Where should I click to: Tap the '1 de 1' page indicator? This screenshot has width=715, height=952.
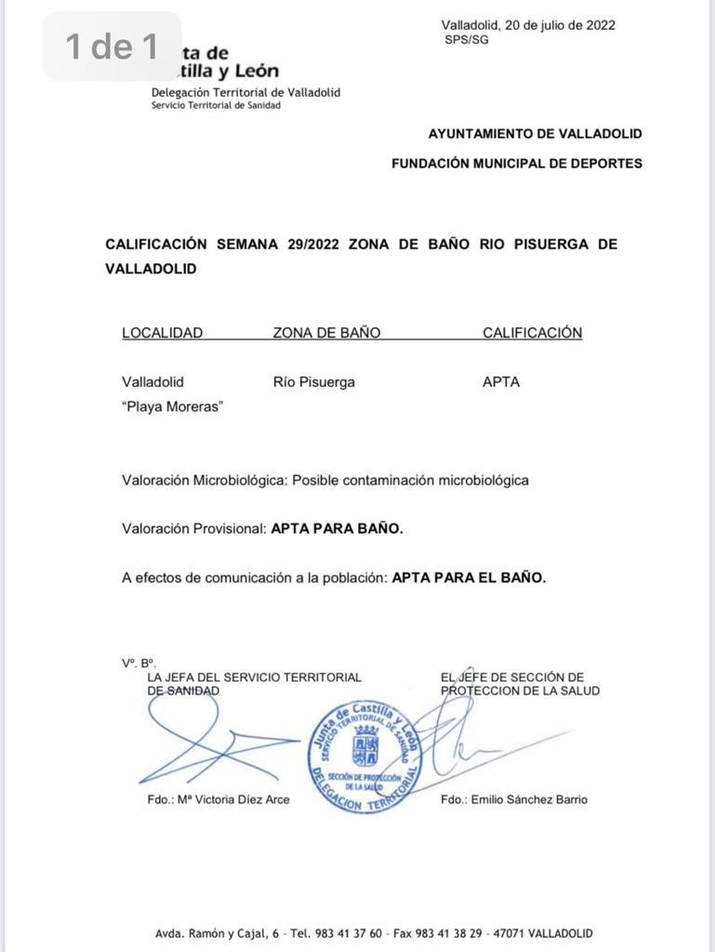[112, 46]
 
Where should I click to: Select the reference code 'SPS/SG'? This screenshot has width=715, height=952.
[466, 40]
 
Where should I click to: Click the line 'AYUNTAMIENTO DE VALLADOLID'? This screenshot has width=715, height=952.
[535, 134]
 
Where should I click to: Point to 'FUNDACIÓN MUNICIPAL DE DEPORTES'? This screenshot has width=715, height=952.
[516, 164]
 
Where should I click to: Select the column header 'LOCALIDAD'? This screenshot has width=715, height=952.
[162, 333]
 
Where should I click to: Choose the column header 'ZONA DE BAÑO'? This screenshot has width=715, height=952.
[326, 333]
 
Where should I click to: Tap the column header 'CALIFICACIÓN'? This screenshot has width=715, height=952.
[532, 333]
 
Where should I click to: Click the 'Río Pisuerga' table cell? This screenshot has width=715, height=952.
[313, 382]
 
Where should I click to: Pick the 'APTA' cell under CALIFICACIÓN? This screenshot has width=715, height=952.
[501, 382]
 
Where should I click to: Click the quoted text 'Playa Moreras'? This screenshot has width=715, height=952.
[172, 407]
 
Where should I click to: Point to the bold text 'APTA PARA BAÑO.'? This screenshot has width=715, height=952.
[337, 529]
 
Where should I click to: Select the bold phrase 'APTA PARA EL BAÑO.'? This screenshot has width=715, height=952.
[469, 577]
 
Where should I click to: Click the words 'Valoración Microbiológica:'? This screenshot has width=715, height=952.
[205, 481]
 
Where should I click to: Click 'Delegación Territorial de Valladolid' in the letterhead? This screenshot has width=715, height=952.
[245, 93]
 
